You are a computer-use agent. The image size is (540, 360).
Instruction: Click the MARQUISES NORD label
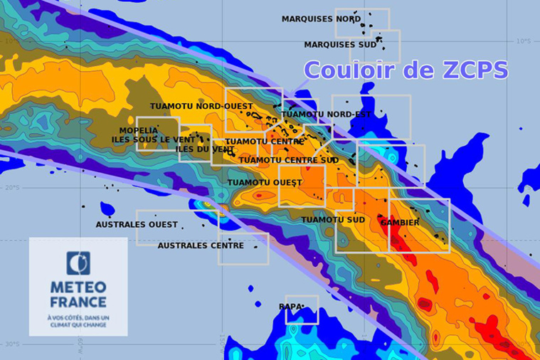coord(321,18)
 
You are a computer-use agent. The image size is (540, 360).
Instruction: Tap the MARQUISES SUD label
coord(340,44)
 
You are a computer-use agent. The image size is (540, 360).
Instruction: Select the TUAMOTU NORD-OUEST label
coord(201,106)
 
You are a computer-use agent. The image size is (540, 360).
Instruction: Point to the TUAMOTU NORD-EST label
coord(317,114)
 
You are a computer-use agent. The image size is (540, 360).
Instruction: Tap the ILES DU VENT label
coord(205,149)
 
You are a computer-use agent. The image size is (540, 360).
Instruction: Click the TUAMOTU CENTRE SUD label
coord(288,160)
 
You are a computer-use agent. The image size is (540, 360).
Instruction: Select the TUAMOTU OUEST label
coord(265,183)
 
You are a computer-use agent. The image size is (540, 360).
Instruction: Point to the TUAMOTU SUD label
coord(333,219)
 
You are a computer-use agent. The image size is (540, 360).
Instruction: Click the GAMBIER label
coord(400,222)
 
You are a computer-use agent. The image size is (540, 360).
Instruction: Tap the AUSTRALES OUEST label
coord(137,225)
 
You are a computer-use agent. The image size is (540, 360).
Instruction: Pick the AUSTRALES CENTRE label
coord(201,245)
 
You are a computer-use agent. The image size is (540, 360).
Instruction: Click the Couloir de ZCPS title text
coord(406,70)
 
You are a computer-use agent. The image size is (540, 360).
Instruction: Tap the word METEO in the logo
coord(78,287)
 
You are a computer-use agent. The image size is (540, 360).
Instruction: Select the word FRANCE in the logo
coord(78,302)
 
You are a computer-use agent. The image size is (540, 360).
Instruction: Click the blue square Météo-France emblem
coord(78,263)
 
